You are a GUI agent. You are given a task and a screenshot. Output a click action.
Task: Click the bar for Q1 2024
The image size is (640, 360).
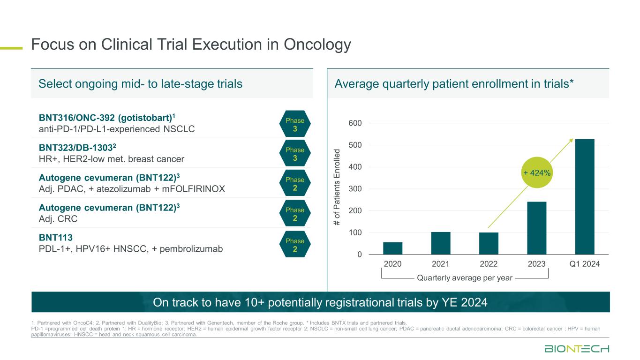click(x=584, y=197)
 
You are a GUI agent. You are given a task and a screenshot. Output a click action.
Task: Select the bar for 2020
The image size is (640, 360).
click(x=392, y=248)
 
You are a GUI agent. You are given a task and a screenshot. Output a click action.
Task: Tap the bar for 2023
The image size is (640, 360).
click(x=536, y=228)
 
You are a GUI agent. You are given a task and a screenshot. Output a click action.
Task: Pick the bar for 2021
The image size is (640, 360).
click(x=440, y=243)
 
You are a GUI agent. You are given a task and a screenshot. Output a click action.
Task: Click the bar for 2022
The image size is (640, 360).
click(x=489, y=244)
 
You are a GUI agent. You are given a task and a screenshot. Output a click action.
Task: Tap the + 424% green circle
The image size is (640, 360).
click(x=538, y=173)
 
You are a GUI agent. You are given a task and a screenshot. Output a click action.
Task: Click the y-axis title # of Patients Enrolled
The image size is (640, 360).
click(x=336, y=186)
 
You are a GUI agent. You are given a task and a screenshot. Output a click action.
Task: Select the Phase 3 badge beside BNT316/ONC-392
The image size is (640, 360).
click(x=294, y=124)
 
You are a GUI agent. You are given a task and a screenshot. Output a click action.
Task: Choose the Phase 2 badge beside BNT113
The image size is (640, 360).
click(x=294, y=245)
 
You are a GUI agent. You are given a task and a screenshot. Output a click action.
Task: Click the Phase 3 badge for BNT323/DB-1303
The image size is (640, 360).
click(x=294, y=154)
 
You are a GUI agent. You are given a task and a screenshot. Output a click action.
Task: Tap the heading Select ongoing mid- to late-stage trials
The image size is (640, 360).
click(x=140, y=84)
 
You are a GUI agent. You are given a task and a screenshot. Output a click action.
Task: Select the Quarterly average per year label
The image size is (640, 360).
click(x=465, y=278)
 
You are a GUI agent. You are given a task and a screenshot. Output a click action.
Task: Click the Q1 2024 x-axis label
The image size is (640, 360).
click(x=584, y=264)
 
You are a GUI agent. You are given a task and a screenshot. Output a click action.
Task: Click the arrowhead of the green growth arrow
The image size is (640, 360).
click(x=572, y=140)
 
